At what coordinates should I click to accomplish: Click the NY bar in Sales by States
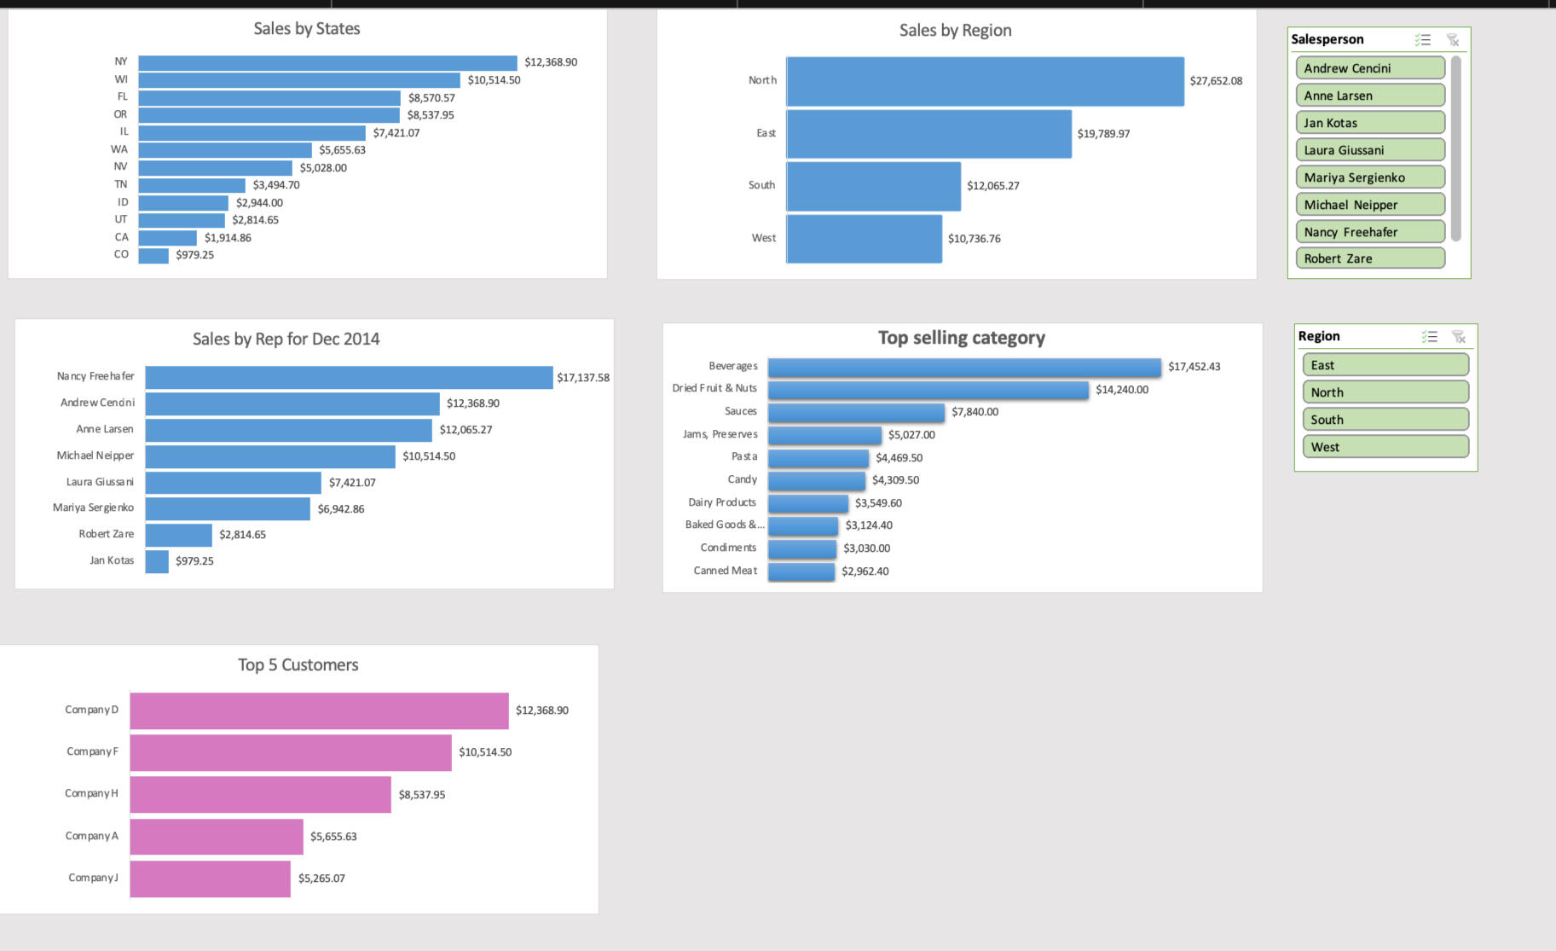[x=327, y=62]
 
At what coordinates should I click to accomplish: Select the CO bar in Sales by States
[x=153, y=255]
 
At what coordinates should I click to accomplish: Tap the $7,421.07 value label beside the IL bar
[x=396, y=133]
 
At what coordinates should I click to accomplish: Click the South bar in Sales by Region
[x=873, y=186]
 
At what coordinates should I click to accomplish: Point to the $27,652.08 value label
[x=1216, y=81]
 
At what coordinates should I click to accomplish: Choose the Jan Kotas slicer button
[x=1369, y=123]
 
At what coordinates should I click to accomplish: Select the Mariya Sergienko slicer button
[x=1369, y=177]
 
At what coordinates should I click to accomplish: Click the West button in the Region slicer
[x=1385, y=447]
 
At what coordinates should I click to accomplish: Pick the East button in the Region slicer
[x=1385, y=365]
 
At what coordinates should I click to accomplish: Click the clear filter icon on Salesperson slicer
[x=1453, y=40]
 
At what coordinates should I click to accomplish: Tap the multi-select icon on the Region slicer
[x=1430, y=337]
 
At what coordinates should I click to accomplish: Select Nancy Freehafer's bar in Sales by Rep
[x=349, y=377]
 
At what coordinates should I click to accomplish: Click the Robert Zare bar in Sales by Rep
[x=178, y=535]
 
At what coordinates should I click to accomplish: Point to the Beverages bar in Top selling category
[x=964, y=367]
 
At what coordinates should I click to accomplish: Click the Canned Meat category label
[x=725, y=571]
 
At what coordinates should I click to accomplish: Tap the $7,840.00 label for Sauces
[x=975, y=412]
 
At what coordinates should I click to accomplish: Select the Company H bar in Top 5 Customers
[x=260, y=794]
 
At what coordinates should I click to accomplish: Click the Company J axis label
[x=93, y=878]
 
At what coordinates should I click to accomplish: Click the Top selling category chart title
[x=961, y=338]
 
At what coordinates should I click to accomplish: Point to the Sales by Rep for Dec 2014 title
[x=286, y=339]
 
